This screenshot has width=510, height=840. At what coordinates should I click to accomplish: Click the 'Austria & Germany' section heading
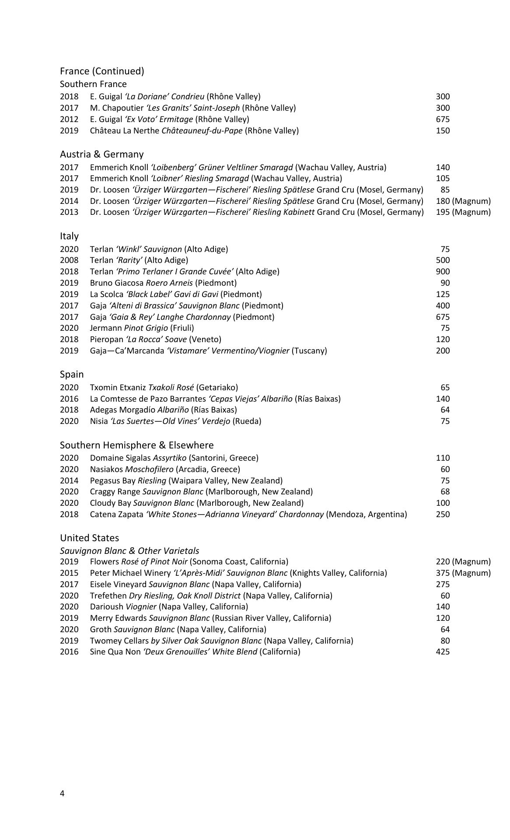[101, 154]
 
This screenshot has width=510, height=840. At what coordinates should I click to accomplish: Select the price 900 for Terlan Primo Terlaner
[443, 272]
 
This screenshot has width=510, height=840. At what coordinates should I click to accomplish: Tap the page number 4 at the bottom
[62, 794]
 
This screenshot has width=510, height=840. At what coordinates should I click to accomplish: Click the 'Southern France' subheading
[93, 84]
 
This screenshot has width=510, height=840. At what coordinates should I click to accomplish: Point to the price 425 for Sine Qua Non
[443, 652]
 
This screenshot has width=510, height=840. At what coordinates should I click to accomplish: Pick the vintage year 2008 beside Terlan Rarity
[69, 260]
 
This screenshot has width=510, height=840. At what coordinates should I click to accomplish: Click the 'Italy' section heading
[69, 236]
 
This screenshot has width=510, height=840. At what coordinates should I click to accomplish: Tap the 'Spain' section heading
[72, 374]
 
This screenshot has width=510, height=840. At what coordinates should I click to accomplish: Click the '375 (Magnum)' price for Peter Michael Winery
[463, 573]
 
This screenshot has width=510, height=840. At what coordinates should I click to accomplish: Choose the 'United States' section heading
[89, 538]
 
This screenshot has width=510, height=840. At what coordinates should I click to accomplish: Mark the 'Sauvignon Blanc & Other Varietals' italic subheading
[129, 551]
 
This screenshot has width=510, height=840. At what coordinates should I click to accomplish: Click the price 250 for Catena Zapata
[443, 514]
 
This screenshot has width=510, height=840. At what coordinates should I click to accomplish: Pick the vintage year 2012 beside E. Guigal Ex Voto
[69, 119]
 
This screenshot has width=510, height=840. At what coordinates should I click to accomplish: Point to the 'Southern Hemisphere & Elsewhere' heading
[136, 445]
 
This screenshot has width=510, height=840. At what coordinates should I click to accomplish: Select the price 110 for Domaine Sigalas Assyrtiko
[443, 458]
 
